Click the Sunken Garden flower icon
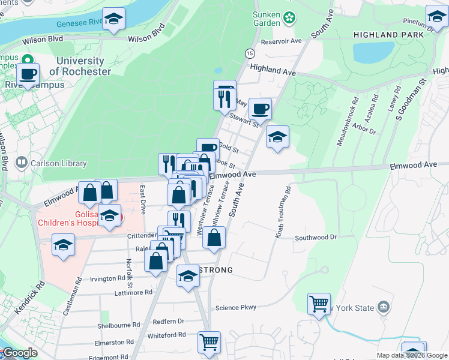pos(290,18)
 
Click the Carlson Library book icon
pos(22,163)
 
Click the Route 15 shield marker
pos(249,54)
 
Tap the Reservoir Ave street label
pos(281,41)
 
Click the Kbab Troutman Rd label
pos(283,212)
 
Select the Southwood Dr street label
pos(316,238)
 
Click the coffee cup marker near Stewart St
pos(260,109)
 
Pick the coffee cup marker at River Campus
pos(28,74)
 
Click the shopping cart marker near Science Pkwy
pos(319,302)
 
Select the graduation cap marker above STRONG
pos(188,276)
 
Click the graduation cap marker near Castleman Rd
pos(63,245)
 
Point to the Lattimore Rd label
pos(134,292)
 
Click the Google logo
pos(19,353)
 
